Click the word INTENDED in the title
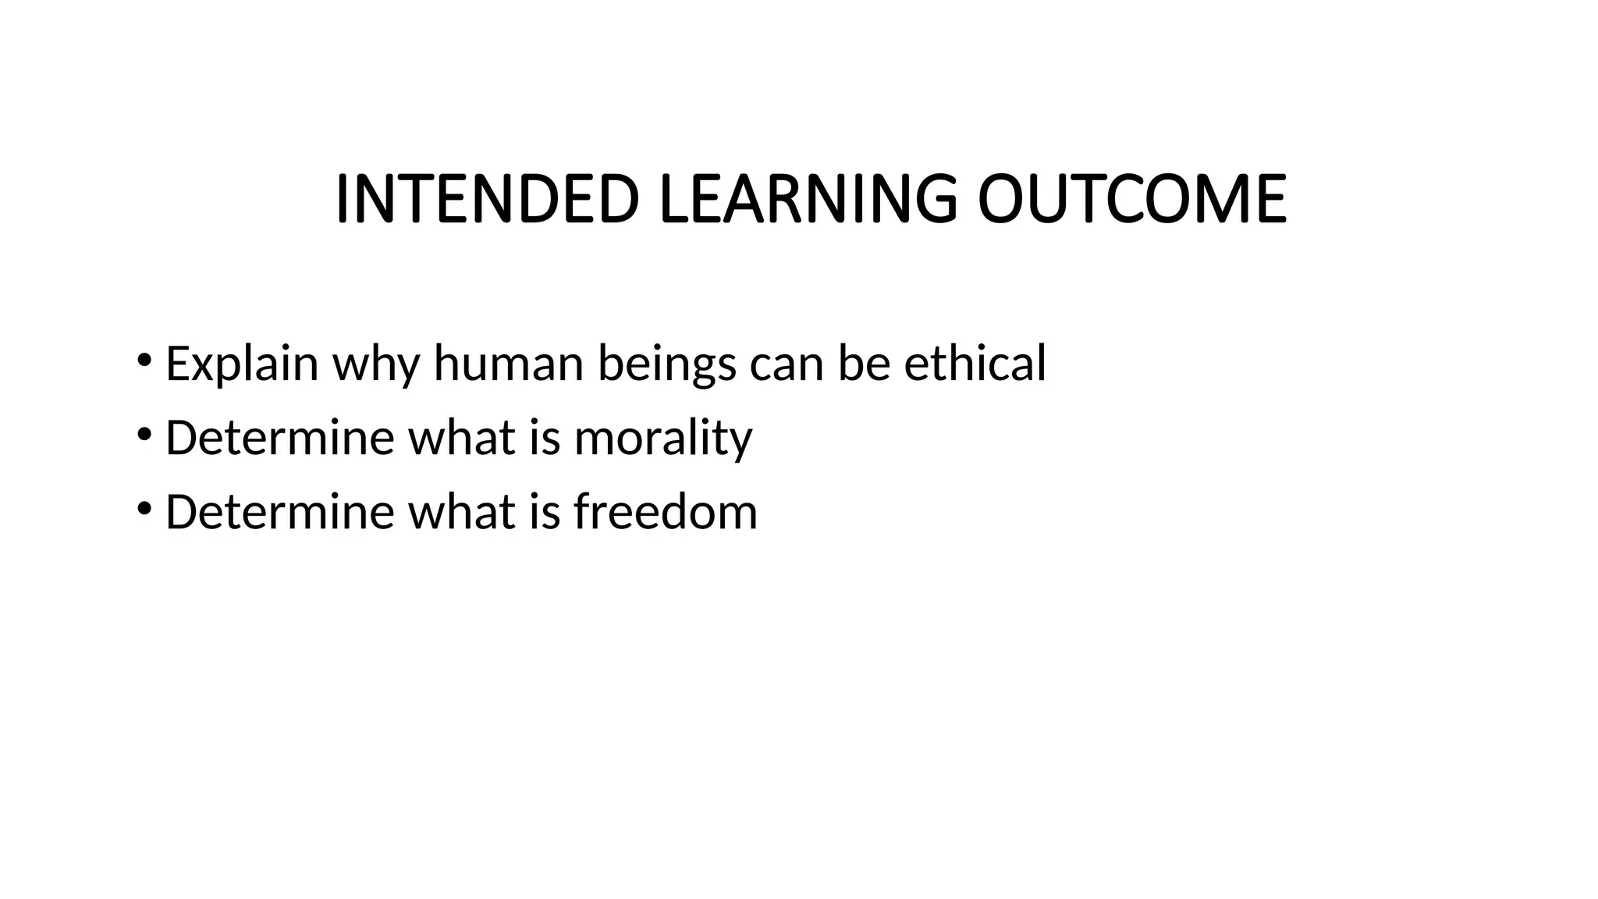(x=487, y=199)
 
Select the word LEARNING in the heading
(x=808, y=199)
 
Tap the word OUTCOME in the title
(x=1131, y=199)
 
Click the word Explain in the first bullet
(x=242, y=364)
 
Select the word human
(x=508, y=364)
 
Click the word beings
(x=666, y=364)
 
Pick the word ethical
(x=975, y=364)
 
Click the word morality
(x=663, y=438)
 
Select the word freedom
(x=666, y=512)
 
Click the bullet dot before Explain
(x=144, y=361)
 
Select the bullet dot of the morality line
(x=144, y=435)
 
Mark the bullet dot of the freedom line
(x=144, y=509)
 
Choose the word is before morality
(x=545, y=438)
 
